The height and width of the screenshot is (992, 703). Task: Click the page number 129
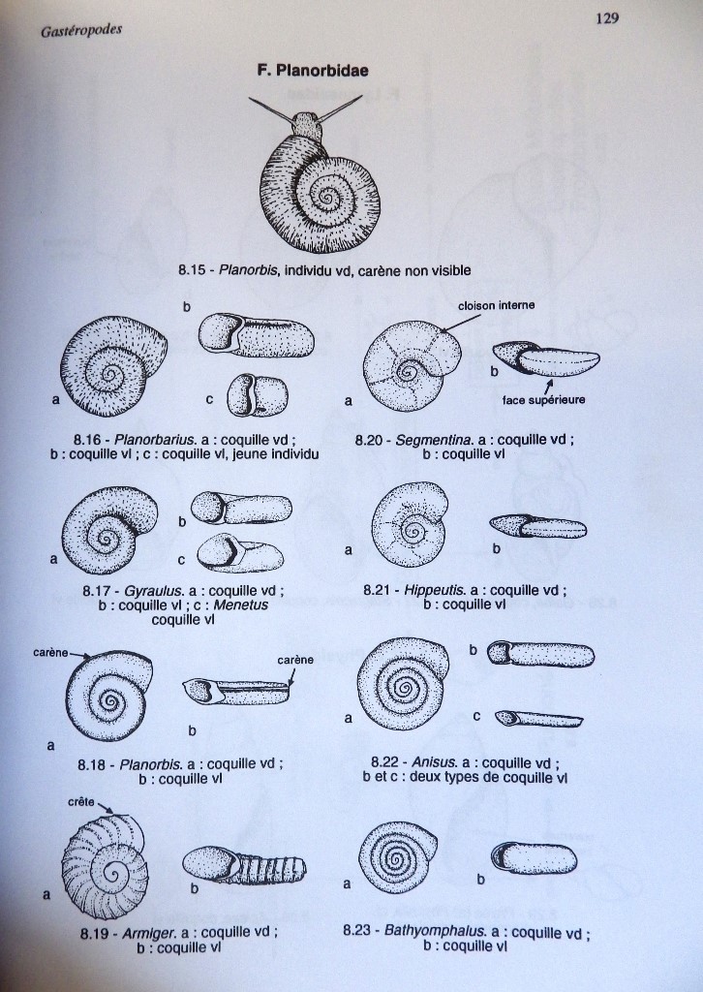point(607,18)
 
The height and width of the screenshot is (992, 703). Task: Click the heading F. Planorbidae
point(313,70)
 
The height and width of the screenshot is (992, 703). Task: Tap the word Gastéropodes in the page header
point(81,30)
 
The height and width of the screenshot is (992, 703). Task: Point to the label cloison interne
point(497,305)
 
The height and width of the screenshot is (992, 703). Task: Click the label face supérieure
point(543,400)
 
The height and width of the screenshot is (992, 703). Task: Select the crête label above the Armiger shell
point(81,801)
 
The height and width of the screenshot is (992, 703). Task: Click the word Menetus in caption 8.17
point(241,604)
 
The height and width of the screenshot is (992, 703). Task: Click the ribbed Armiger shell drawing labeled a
point(105,865)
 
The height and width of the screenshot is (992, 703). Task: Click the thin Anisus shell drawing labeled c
point(538,719)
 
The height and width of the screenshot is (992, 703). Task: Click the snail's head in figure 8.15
point(307,126)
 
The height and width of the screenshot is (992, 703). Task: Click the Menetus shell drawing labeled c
point(240,551)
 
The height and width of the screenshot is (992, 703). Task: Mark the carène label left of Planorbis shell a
point(50,653)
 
